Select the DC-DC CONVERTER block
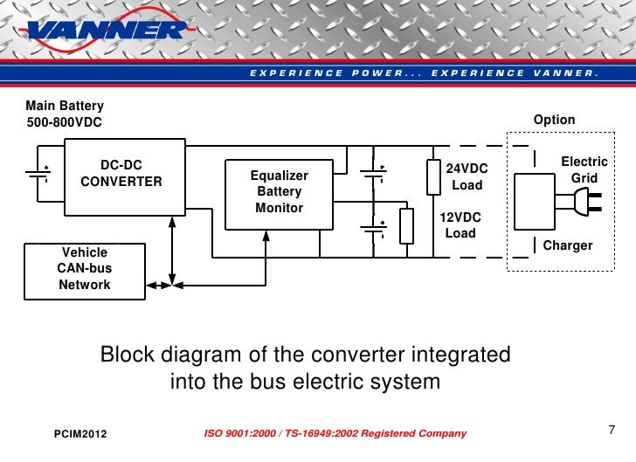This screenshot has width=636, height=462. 121,174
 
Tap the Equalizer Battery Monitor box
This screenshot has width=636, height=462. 279,192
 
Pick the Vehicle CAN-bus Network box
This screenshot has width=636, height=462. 85,268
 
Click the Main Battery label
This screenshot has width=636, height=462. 65,106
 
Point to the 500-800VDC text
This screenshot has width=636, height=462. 64,122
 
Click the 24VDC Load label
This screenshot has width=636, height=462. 467,176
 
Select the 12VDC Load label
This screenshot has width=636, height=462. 460,225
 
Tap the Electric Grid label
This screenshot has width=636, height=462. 584,169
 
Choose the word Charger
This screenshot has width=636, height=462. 568,245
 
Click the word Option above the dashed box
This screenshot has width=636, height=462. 554,120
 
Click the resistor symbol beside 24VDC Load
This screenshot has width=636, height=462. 433,176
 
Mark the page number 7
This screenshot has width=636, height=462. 611,430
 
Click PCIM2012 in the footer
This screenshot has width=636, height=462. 80,434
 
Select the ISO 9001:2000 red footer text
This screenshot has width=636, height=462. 335,434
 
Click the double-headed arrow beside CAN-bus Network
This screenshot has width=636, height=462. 159,285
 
